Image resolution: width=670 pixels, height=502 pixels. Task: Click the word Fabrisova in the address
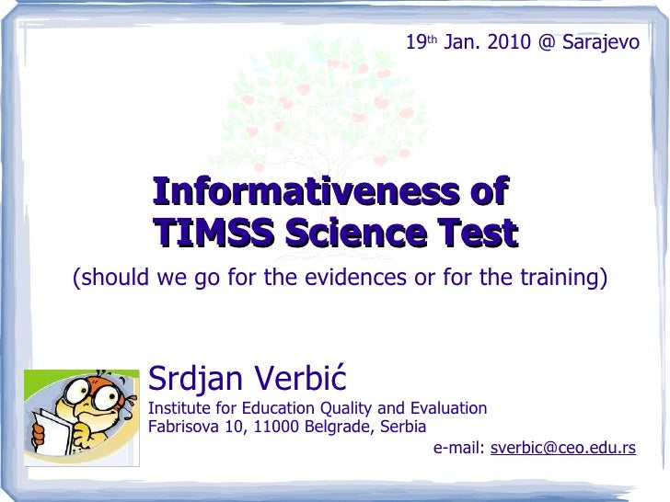[x=181, y=427]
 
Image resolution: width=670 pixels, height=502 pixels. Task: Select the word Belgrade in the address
[x=337, y=427]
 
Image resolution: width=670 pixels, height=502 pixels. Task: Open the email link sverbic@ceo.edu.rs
[x=562, y=448]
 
